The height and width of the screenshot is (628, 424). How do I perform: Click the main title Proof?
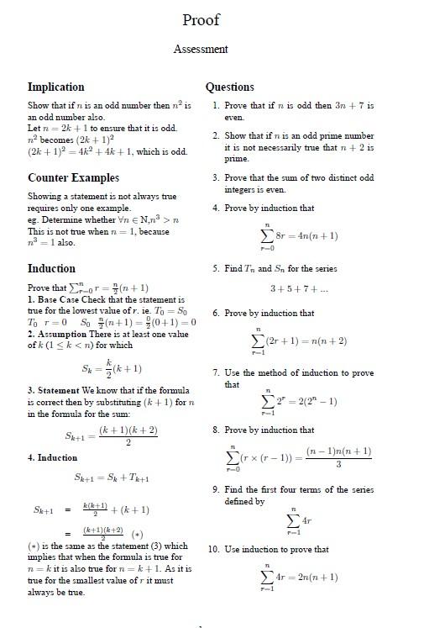tap(201, 19)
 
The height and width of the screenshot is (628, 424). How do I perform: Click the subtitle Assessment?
tap(201, 49)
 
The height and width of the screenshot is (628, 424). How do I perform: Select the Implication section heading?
tap(56, 87)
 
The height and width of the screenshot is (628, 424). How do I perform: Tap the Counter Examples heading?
tap(73, 177)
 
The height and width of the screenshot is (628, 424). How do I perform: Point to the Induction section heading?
tap(51, 268)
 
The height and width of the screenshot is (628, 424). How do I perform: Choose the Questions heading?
tap(229, 87)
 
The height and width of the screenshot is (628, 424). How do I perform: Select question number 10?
tap(214, 549)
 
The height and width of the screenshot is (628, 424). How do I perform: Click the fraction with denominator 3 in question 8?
tap(338, 457)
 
